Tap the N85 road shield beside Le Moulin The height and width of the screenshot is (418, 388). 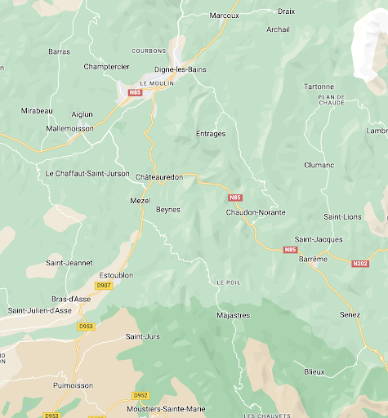point(136,93)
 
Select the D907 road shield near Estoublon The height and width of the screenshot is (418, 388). point(103,286)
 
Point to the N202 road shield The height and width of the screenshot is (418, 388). point(360,263)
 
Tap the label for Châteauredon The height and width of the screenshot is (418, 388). point(158,177)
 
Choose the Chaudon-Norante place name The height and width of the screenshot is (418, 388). point(256,212)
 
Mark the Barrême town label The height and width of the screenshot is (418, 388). point(314,259)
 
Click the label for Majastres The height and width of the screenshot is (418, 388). point(234,314)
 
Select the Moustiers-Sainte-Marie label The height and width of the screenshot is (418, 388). point(167,408)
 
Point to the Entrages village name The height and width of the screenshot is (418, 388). point(211,134)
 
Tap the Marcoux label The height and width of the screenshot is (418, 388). point(224,16)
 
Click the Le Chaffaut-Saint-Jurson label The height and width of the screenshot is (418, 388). point(87,173)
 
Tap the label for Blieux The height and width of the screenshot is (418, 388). point(314,371)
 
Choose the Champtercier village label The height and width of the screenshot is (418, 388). point(107,66)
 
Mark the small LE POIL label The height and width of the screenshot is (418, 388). point(229,282)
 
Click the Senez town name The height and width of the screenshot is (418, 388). point(350,314)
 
